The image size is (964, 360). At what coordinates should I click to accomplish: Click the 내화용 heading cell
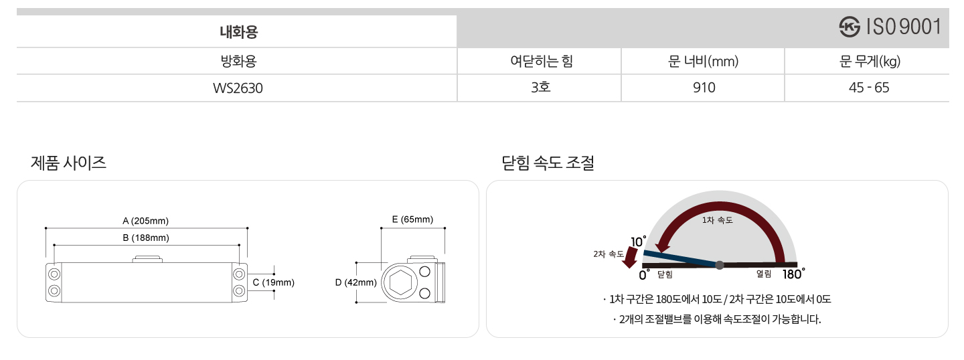pyautogui.click(x=239, y=31)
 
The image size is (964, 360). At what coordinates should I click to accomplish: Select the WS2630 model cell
pyautogui.click(x=238, y=88)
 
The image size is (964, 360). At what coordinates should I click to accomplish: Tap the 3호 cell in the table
pyautogui.click(x=540, y=88)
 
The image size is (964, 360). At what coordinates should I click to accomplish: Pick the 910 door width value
pyautogui.click(x=704, y=88)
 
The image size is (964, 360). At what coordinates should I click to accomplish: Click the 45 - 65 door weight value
pyautogui.click(x=868, y=88)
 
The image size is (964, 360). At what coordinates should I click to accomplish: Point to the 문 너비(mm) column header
pyautogui.click(x=703, y=62)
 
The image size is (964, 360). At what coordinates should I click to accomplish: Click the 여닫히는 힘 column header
pyautogui.click(x=541, y=62)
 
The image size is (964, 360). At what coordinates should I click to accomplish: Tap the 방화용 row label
pyautogui.click(x=238, y=62)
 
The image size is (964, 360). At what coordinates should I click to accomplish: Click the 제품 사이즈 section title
pyautogui.click(x=69, y=162)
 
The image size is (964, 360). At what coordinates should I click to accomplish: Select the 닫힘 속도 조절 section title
pyautogui.click(x=548, y=162)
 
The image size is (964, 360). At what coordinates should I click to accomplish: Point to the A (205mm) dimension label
pyautogui.click(x=145, y=221)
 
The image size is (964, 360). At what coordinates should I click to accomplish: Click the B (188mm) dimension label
pyautogui.click(x=145, y=238)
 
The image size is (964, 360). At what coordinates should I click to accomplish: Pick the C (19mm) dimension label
pyautogui.click(x=273, y=282)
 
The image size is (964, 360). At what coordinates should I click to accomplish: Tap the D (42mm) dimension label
pyautogui.click(x=356, y=282)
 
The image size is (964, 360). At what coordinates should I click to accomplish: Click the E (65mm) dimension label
pyautogui.click(x=412, y=219)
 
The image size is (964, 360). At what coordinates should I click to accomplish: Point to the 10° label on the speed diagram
pyautogui.click(x=638, y=242)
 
